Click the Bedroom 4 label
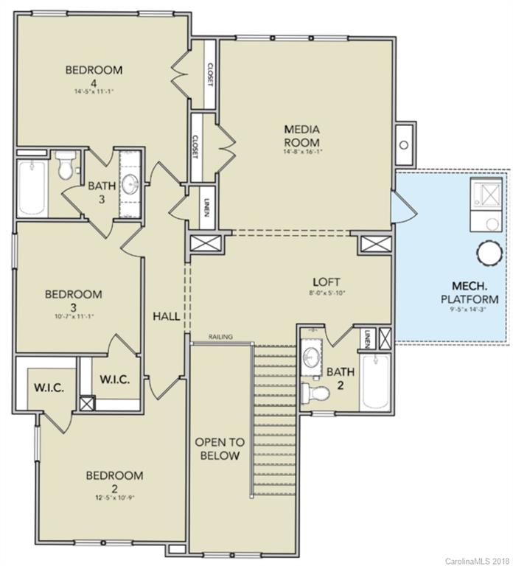point(94,77)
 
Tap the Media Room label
point(302,136)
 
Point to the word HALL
point(167,316)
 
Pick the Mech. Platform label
point(470,293)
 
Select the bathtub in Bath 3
point(32,187)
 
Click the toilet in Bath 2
point(315,392)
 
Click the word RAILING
point(220,337)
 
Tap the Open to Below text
point(217,449)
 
